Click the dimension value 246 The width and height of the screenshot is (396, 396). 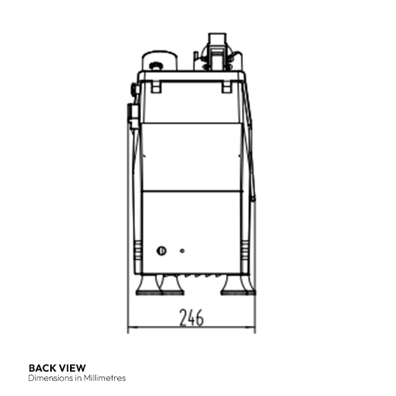click(191, 318)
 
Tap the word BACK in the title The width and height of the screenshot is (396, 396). click(43, 368)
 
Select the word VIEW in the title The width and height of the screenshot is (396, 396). click(72, 368)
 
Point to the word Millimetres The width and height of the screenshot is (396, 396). click(104, 378)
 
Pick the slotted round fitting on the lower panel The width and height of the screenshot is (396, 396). click(161, 251)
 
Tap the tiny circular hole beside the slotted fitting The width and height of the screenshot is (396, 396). click(182, 251)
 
